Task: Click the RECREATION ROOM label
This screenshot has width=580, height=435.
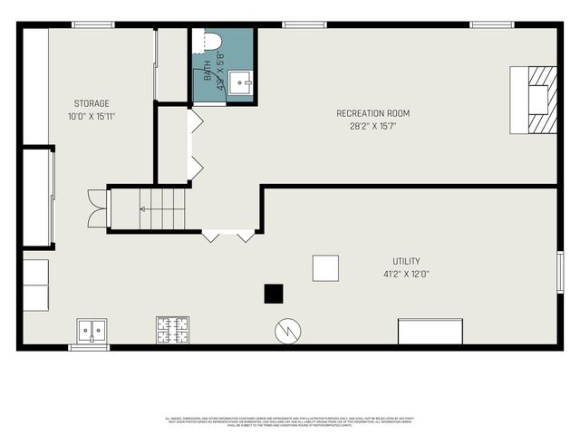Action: click(x=372, y=113)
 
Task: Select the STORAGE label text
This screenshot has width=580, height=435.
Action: click(x=92, y=103)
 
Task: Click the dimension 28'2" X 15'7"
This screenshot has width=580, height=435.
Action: click(x=372, y=126)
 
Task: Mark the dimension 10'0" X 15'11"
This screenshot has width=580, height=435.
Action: click(x=92, y=116)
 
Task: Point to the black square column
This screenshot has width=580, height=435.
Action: click(x=274, y=294)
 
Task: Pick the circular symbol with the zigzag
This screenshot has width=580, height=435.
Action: click(x=286, y=331)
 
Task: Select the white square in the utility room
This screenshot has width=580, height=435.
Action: click(x=325, y=267)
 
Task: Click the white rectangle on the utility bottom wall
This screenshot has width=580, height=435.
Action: click(x=430, y=332)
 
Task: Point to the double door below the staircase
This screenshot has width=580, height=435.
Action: click(x=228, y=236)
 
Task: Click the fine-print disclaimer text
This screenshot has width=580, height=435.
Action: click(x=290, y=420)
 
